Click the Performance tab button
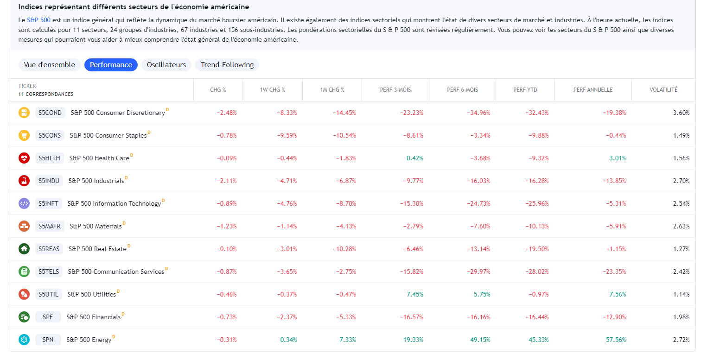tap(111, 65)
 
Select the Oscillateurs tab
tap(166, 65)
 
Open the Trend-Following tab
tap(227, 65)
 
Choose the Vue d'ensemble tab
tap(49, 65)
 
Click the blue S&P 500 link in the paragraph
tap(38, 20)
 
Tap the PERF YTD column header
tap(525, 90)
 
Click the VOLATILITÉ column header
tap(663, 90)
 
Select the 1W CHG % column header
tap(272, 90)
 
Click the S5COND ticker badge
tap(50, 113)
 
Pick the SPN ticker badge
tap(48, 340)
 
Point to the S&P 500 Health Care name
tap(99, 158)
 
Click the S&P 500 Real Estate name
tap(97, 249)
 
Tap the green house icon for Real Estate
tap(24, 249)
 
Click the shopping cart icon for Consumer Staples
tap(24, 135)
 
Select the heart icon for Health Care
tap(24, 158)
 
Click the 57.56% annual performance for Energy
tap(616, 340)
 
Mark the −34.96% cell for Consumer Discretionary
tap(478, 113)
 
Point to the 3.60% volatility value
tap(681, 113)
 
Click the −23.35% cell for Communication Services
tap(614, 272)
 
